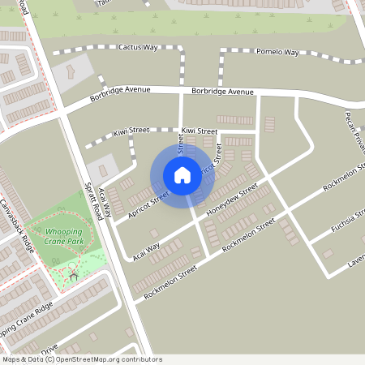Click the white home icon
coord(182,175)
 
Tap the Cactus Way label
coord(137,48)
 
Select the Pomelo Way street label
coord(277,52)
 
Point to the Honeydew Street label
coord(232,201)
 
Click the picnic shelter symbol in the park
coord(74,276)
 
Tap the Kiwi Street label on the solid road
coord(199,131)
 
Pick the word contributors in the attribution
coord(139,359)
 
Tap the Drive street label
coord(49,350)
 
